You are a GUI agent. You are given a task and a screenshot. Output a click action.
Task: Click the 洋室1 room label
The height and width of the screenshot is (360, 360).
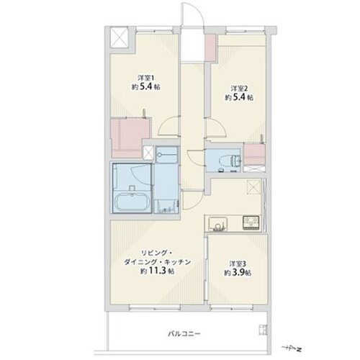pos(145,78)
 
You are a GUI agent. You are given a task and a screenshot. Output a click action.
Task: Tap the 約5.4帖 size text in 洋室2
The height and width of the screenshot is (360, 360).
pos(238,97)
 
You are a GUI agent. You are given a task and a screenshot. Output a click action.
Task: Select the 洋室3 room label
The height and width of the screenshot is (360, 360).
pos(238,264)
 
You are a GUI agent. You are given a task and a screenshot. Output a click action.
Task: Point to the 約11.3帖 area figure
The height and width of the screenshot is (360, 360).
pos(158,271)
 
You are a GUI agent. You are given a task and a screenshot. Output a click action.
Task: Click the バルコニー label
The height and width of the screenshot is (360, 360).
pos(184,333)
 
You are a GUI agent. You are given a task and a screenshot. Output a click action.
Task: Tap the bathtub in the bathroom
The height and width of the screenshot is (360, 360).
pos(132,199)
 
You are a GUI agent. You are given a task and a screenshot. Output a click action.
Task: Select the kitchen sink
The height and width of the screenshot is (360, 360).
pos(217,223)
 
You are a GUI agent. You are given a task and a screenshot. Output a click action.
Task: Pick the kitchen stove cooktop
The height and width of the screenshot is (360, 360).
pos(251,222)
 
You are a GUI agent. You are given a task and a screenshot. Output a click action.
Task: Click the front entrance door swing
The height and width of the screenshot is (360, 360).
pos(192,14)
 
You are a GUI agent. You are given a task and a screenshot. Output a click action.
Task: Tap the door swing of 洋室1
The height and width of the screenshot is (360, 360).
pos(168,126)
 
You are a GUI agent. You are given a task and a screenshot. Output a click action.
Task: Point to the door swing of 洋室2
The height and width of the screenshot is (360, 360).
pos(216,127)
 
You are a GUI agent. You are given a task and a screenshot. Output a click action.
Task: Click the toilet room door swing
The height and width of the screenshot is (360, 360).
pos(196,157)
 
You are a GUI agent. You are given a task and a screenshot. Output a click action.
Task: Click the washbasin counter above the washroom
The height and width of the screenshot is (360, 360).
pos(167,155)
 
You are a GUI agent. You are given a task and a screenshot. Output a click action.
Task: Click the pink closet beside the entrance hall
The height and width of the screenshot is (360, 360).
pos(210,47)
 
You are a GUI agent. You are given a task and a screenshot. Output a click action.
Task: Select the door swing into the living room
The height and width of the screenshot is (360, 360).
pos(192,200)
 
